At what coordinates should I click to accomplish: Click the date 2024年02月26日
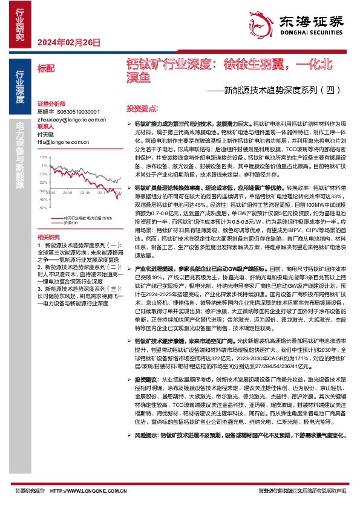pos(68,42)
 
